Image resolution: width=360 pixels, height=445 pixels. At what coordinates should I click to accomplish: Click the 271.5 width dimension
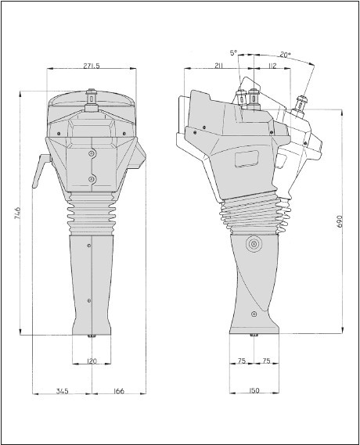click(92, 66)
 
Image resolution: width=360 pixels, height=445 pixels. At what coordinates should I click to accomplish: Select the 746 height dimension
click(17, 213)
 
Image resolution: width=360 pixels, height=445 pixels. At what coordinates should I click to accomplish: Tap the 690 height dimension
click(340, 221)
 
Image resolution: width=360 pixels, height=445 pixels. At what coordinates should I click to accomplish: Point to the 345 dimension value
click(62, 391)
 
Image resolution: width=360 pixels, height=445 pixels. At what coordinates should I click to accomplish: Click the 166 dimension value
click(118, 391)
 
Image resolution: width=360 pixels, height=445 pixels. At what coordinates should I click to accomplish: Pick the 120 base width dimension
click(91, 361)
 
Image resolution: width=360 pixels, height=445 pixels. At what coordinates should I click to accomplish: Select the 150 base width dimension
click(254, 390)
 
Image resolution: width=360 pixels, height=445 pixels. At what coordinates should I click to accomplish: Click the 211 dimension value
click(218, 66)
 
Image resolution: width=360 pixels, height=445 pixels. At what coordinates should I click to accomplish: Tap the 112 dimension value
click(272, 66)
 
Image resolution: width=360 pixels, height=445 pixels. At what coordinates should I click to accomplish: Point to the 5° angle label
click(233, 52)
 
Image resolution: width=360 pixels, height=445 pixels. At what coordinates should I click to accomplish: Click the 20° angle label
click(285, 55)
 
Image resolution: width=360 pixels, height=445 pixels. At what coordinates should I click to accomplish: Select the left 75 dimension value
click(242, 361)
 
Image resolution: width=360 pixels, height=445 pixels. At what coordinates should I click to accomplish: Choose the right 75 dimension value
click(266, 361)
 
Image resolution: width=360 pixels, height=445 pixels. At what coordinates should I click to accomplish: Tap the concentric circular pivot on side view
click(254, 244)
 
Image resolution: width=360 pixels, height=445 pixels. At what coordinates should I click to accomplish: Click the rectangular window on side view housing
click(247, 159)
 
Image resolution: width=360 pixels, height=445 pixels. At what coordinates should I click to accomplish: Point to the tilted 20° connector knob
click(301, 105)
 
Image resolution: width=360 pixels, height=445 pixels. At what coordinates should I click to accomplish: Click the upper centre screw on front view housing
click(92, 153)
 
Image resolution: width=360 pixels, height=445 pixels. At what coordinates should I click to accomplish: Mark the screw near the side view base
click(254, 314)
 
